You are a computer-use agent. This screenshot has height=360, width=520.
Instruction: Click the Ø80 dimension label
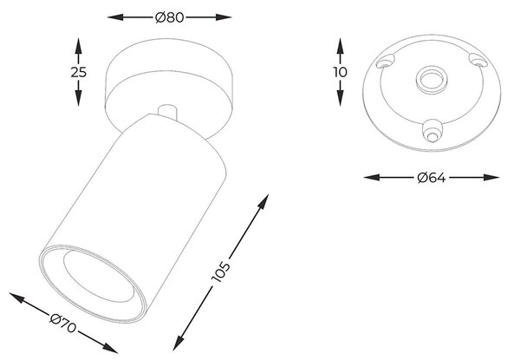click(x=169, y=17)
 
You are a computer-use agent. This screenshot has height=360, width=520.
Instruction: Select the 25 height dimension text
click(x=79, y=72)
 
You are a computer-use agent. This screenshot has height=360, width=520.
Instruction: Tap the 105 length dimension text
click(x=220, y=272)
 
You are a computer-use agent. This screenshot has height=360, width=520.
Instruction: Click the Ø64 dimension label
click(x=432, y=178)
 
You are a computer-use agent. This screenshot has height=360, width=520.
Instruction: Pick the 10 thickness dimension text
click(x=340, y=72)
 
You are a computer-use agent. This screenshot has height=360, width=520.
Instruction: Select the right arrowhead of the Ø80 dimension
click(x=224, y=17)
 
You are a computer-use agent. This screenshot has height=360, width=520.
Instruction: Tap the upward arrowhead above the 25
click(x=78, y=46)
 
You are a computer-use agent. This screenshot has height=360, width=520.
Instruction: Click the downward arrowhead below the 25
click(x=78, y=98)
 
